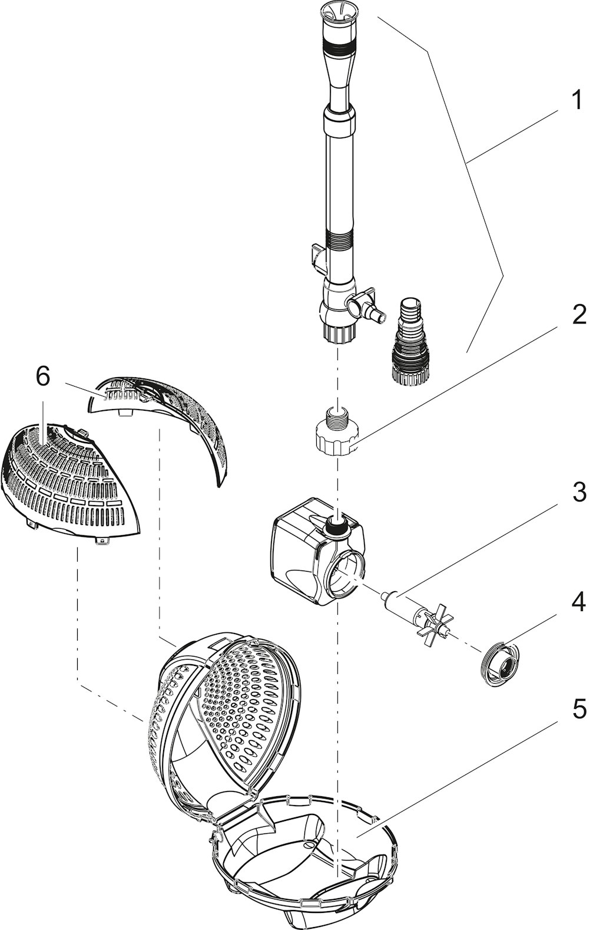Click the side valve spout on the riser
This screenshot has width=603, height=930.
tap(366, 308)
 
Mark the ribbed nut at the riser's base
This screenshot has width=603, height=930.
tap(339, 332)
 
